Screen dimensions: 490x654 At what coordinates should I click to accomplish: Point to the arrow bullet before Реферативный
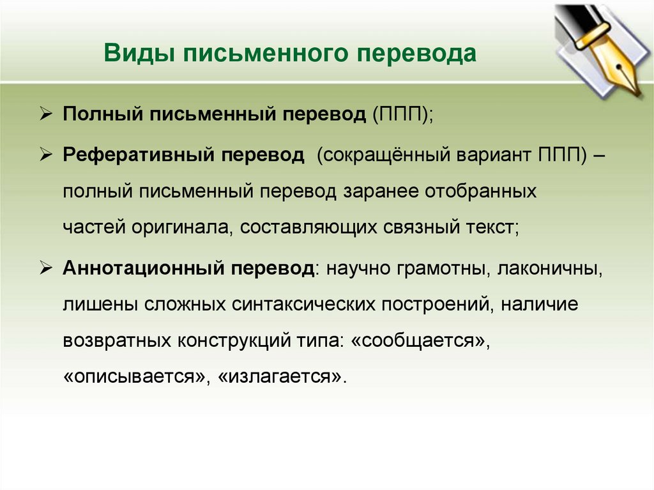click(x=47, y=157)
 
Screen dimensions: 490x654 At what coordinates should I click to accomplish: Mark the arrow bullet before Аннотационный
click(x=47, y=268)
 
